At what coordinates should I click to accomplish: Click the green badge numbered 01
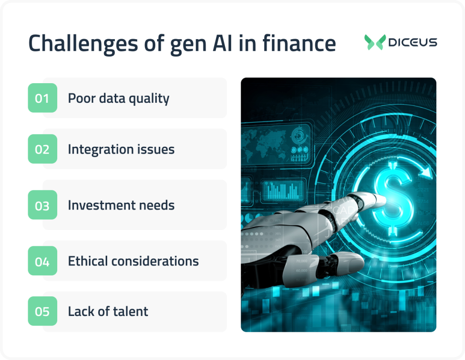point(42,98)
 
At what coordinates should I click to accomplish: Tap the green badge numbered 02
point(42,149)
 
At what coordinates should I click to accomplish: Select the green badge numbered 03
point(42,205)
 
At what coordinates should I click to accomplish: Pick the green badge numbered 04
point(42,261)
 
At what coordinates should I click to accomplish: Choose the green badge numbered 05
point(42,311)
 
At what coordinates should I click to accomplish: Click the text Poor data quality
point(119,98)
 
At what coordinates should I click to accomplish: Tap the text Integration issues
point(121,149)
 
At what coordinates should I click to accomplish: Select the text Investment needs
point(121,205)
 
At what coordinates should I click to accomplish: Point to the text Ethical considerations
point(134,261)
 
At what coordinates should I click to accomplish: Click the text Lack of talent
point(108,311)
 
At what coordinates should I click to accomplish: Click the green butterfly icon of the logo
point(375,42)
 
